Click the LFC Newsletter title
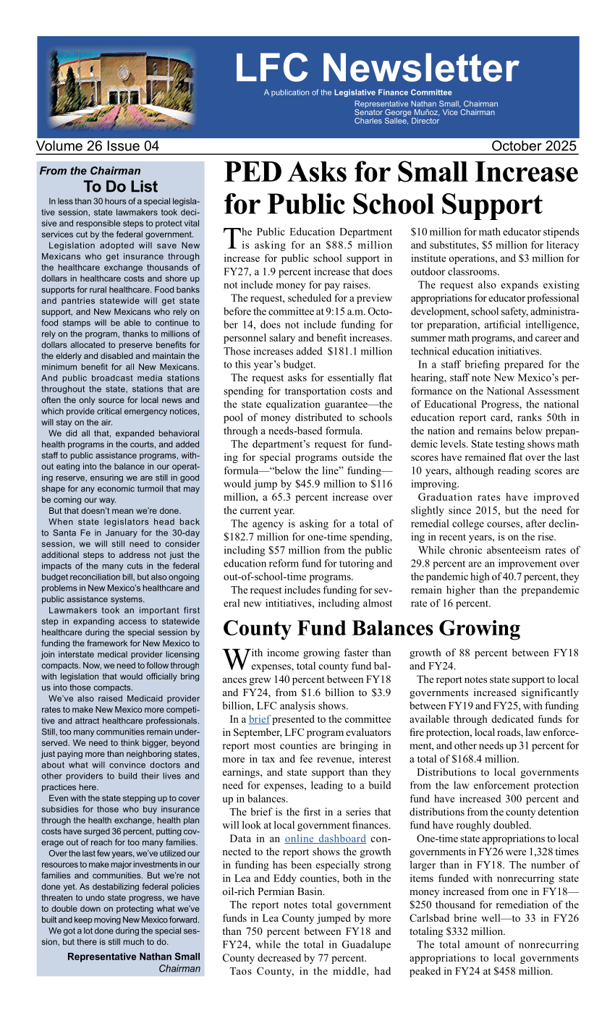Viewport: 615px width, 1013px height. [x=376, y=68]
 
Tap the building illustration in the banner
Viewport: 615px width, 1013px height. [x=122, y=87]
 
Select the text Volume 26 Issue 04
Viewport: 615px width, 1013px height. [x=98, y=146]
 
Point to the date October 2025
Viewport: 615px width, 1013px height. [x=534, y=146]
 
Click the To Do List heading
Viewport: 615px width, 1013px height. [x=120, y=187]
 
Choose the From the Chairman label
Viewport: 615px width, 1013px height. [x=90, y=171]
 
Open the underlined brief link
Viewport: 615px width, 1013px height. [x=258, y=720]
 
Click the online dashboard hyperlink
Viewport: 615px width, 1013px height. [x=325, y=839]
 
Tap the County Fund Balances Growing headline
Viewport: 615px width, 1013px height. [x=371, y=628]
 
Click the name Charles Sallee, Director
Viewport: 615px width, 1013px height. [x=396, y=121]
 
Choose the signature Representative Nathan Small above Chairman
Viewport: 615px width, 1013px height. [x=134, y=957]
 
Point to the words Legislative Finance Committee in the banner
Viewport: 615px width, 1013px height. [x=393, y=93]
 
